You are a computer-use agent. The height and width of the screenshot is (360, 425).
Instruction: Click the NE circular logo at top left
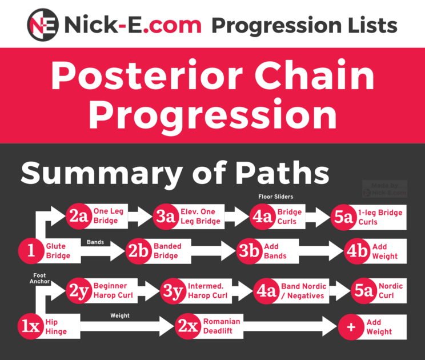click(44, 25)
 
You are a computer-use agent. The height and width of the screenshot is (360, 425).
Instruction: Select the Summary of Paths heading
click(175, 172)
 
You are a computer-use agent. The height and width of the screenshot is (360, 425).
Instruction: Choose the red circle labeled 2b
click(139, 251)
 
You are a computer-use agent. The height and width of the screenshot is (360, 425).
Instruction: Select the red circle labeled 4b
click(358, 251)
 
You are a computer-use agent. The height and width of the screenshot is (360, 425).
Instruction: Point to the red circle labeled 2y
click(79, 291)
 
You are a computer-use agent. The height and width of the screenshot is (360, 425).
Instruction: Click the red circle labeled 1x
click(30, 326)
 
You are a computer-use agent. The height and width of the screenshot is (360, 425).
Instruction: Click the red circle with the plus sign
click(351, 326)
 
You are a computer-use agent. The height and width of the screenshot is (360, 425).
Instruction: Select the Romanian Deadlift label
click(222, 326)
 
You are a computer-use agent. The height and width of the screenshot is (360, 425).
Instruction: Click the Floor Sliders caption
click(276, 197)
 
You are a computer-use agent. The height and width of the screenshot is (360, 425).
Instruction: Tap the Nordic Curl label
click(390, 291)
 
